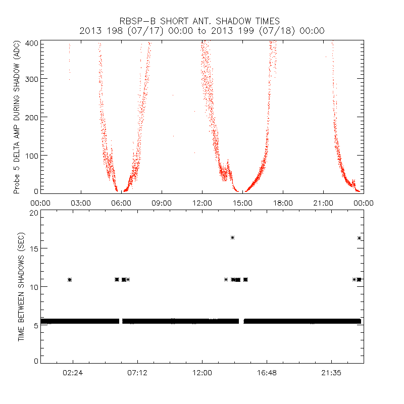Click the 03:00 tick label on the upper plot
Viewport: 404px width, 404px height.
[81, 203]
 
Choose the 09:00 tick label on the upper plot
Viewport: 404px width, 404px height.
[162, 203]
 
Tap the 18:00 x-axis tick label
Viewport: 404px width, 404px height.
[283, 203]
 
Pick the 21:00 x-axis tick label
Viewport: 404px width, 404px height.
[323, 203]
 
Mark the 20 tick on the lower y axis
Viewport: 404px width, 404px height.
[34, 213]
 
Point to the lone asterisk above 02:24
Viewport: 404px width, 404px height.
[70, 280]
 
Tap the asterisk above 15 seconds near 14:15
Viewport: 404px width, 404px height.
[232, 237]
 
